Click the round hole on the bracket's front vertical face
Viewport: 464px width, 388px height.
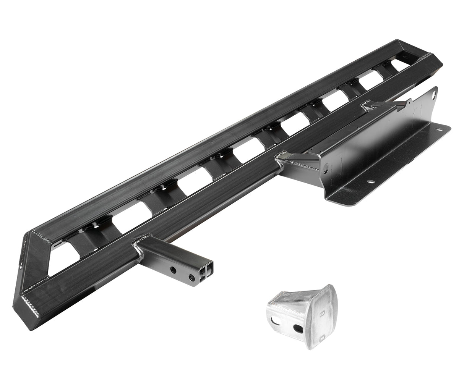tap(326, 167)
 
